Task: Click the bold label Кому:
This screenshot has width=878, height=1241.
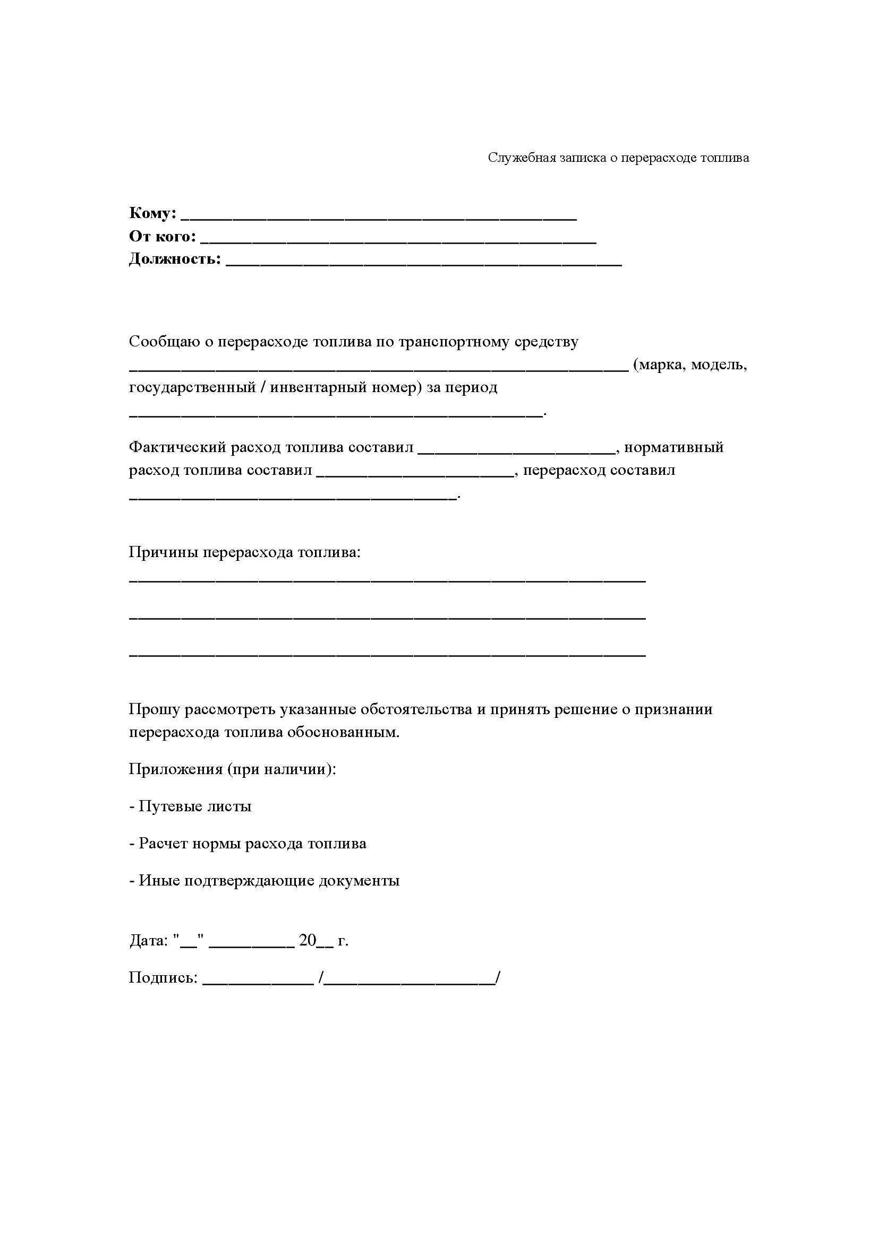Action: [152, 213]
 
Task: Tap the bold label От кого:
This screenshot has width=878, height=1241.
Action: [163, 237]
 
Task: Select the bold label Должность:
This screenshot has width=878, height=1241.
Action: [175, 259]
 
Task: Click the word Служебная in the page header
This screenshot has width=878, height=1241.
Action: [517, 158]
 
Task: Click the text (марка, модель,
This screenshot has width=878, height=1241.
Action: [690, 365]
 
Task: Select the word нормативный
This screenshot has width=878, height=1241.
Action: [674, 448]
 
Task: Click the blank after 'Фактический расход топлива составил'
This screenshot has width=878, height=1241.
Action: [517, 451]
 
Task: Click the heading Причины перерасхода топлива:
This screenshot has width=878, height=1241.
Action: [244, 552]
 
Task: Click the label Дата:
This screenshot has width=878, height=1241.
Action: [149, 941]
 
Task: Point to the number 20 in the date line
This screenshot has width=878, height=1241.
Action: [307, 941]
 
